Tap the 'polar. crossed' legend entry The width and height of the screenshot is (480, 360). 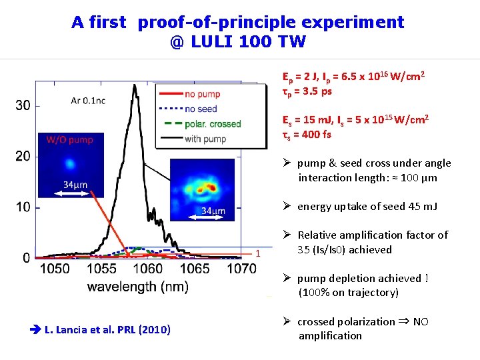(x=212, y=123)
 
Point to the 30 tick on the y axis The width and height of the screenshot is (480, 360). (x=22, y=105)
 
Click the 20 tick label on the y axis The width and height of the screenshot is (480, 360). (x=22, y=156)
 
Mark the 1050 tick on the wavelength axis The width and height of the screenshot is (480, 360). (x=55, y=268)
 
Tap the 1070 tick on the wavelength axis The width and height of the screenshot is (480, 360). (x=241, y=268)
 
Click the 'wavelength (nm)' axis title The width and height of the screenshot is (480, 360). (x=137, y=287)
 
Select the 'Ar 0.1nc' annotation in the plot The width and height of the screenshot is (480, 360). (x=87, y=101)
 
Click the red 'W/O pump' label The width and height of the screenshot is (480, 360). (x=69, y=139)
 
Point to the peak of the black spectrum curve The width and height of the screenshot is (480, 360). (x=135, y=85)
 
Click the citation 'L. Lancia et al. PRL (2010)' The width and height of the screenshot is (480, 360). (x=107, y=329)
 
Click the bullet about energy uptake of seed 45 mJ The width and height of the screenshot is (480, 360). (x=367, y=207)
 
